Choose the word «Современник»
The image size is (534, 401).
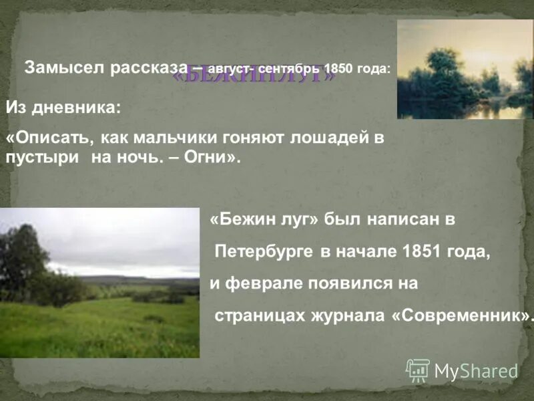(460, 315)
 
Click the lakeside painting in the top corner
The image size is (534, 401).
(465, 70)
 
